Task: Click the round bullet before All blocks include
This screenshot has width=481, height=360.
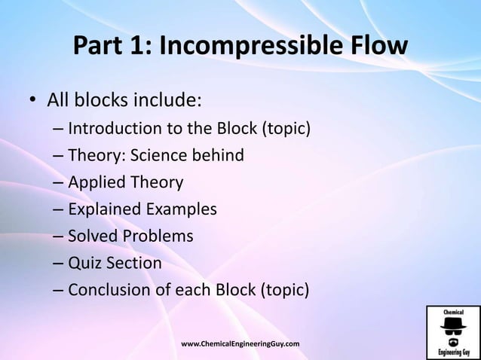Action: pos(32,101)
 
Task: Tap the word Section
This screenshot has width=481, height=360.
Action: pos(133,264)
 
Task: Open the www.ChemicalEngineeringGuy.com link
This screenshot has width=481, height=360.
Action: pos(240,344)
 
